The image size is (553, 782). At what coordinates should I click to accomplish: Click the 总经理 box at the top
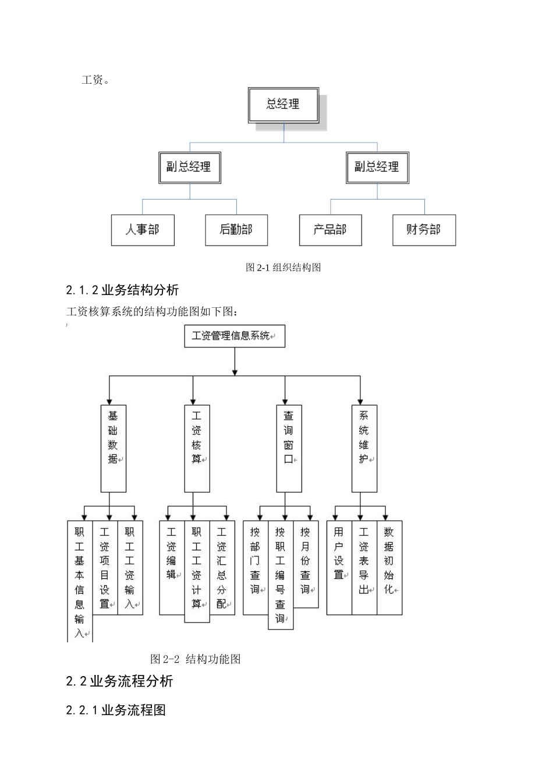[283, 105]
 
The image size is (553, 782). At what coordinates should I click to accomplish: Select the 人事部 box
[143, 230]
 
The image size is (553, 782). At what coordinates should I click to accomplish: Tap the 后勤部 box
[236, 230]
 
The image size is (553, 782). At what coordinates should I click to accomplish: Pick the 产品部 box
[330, 230]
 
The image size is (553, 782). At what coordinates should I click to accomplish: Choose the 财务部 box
[424, 230]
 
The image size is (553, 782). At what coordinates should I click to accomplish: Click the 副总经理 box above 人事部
[189, 168]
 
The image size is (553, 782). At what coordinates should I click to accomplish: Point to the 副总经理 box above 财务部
[377, 168]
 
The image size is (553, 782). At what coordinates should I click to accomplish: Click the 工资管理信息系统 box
[235, 336]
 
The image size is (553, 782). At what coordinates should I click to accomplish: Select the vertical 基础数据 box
[113, 448]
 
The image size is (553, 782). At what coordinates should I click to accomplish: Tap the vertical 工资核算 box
[197, 448]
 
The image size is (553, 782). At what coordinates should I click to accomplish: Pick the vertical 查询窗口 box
[289, 448]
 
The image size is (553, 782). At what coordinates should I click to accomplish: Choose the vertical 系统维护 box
[364, 448]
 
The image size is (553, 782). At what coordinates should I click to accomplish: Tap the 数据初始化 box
[389, 567]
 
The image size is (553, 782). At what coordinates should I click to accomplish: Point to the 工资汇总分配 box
[222, 567]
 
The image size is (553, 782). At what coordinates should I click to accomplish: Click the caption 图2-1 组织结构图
[283, 268]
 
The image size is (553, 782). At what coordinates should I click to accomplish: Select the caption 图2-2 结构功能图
[196, 659]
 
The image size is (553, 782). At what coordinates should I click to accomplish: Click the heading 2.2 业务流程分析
[119, 681]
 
